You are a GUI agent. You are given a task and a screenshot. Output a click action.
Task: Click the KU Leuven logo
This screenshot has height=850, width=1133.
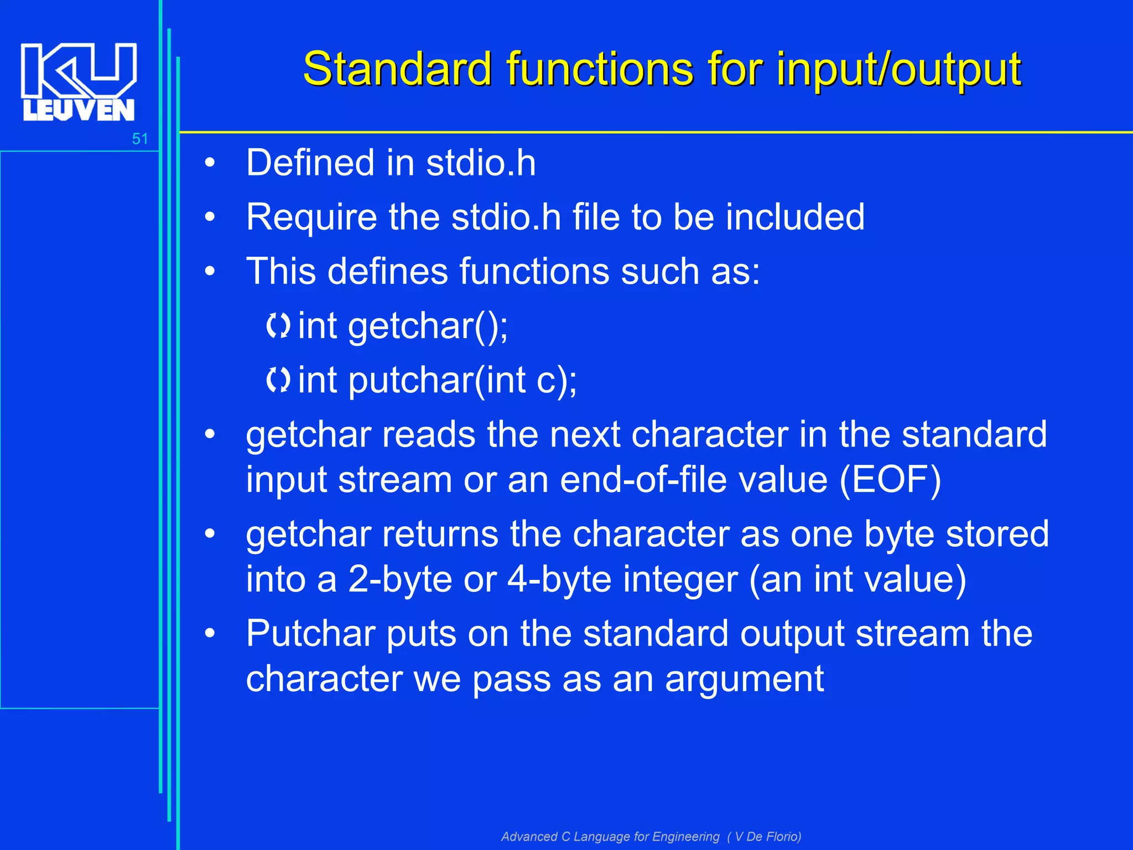click(x=79, y=82)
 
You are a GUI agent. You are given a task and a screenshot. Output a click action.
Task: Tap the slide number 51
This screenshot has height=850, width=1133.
click(x=140, y=139)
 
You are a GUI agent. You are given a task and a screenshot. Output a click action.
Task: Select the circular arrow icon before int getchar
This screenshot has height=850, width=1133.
click(x=278, y=326)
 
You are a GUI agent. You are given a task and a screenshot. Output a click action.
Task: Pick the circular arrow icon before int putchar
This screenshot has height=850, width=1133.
click(x=278, y=380)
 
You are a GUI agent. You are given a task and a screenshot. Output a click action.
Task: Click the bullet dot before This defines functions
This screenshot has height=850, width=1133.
click(x=209, y=272)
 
